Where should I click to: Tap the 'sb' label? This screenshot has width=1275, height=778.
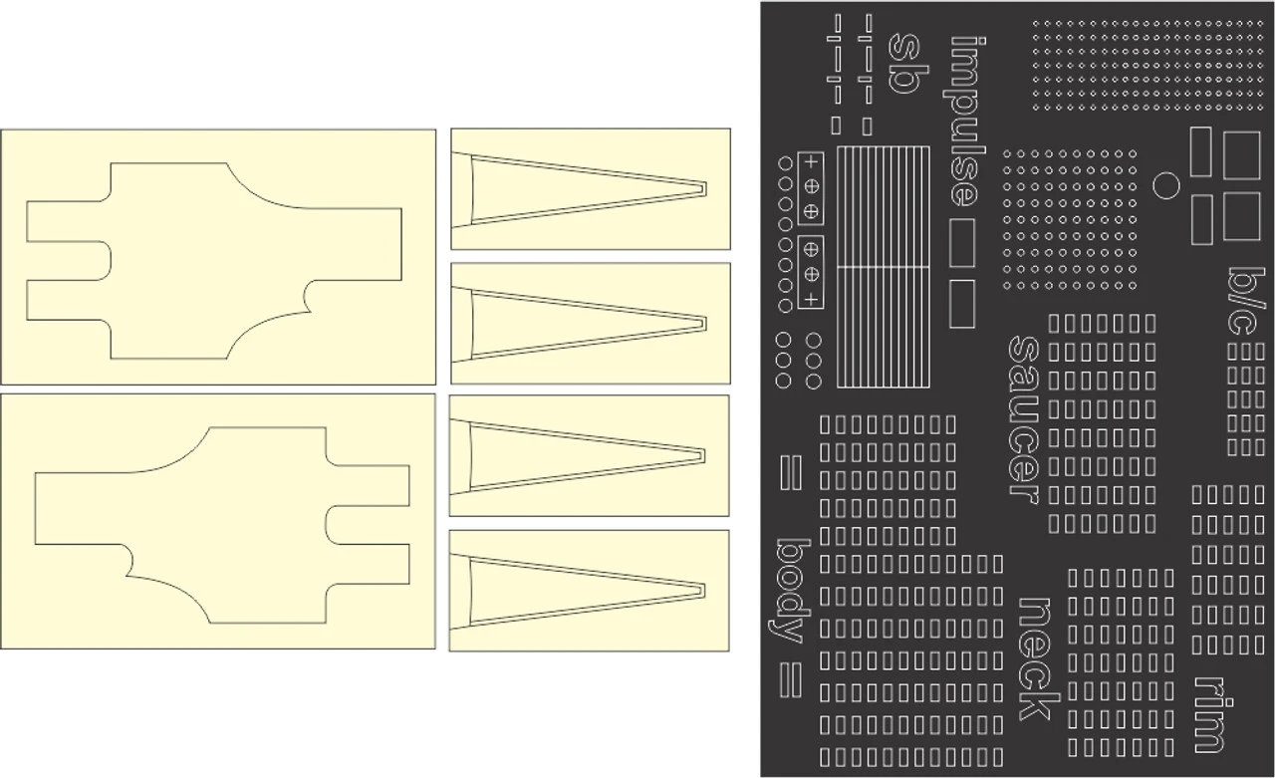902,63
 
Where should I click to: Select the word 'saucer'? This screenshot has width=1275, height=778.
1025,419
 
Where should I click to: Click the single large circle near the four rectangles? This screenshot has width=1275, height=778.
1165,185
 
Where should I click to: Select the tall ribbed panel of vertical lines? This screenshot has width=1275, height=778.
884,266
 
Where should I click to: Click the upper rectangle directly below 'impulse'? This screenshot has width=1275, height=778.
961,243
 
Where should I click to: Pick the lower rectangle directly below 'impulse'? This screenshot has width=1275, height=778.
961,304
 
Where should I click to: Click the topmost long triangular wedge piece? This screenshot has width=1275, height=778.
588,188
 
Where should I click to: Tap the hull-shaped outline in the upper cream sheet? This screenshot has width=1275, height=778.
214,261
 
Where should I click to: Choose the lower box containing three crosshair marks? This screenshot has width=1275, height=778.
811,273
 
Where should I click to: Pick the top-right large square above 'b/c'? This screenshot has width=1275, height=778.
1241,154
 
